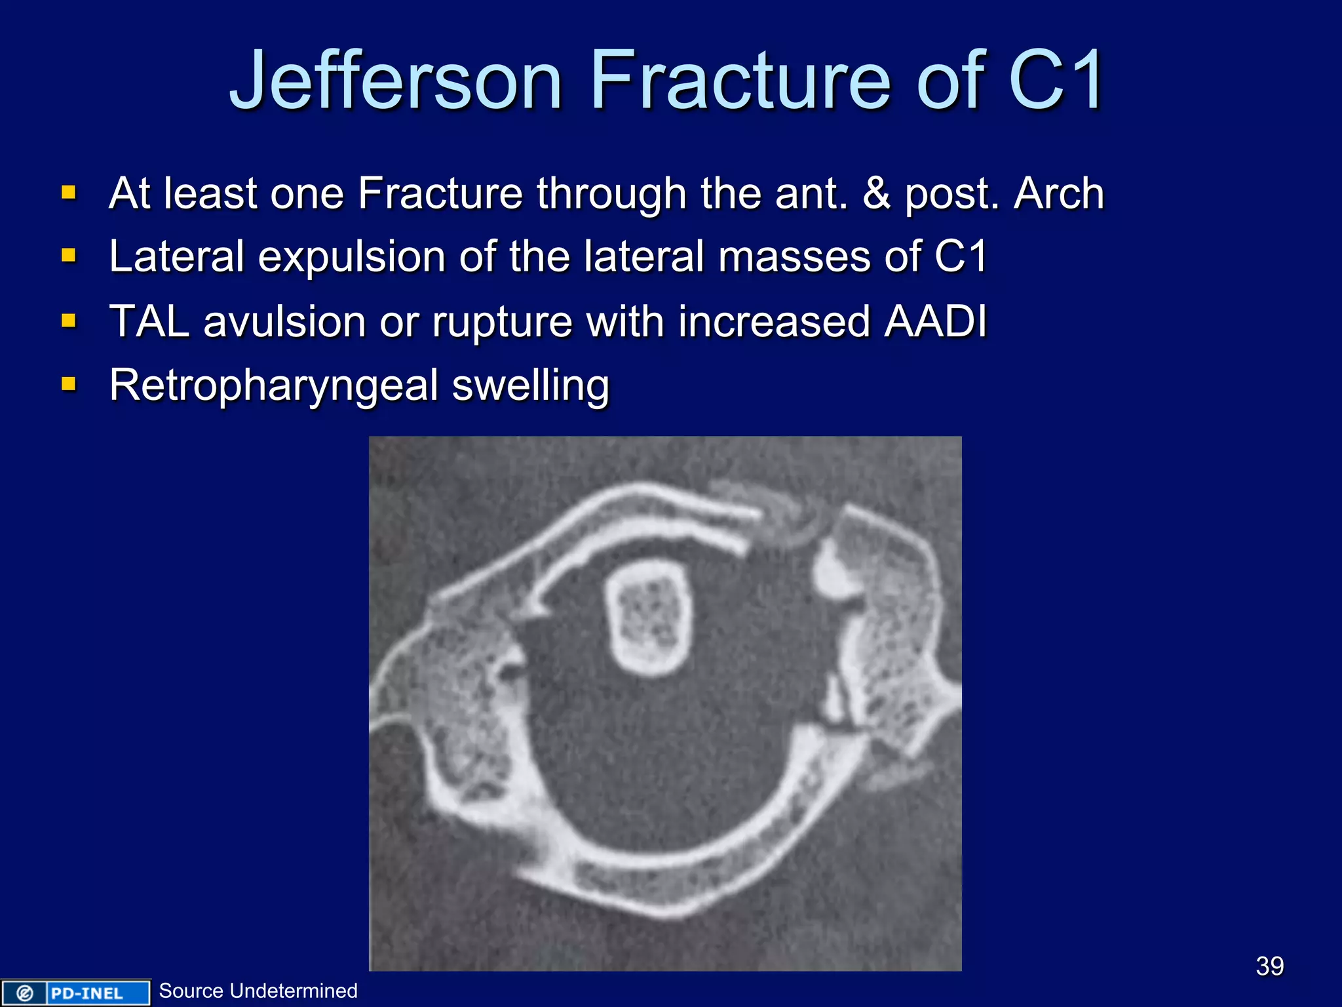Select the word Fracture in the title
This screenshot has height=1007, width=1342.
pos(740,81)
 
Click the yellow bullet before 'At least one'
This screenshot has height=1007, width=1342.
pos(69,193)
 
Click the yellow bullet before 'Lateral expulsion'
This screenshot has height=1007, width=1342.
pos(69,256)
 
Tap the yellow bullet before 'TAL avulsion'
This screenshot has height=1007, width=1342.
pos(69,321)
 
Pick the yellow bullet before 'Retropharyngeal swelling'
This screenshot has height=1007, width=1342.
pos(69,384)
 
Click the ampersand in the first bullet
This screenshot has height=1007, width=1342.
pos(877,193)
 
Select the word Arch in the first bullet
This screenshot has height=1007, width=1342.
pos(1059,193)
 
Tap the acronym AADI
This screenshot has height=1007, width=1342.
pos(935,321)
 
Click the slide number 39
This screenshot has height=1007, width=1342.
pos(1269,966)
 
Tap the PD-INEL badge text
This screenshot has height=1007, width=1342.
pos(87,993)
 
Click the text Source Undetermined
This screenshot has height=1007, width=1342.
pos(258,991)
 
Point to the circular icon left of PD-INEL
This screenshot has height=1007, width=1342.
pos(24,993)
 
